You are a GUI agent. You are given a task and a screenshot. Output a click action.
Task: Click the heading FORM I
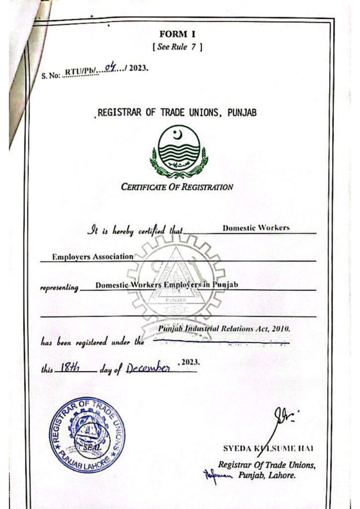coord(180,34)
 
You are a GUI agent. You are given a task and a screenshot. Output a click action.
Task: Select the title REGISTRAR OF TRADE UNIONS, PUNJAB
coord(177,113)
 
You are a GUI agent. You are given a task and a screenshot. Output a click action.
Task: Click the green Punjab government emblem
coord(179,152)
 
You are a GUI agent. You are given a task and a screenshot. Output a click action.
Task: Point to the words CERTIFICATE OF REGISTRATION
coord(177,187)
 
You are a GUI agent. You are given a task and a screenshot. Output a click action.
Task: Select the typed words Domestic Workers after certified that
coord(256,228)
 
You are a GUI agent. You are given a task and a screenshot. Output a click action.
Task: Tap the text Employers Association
coord(93,256)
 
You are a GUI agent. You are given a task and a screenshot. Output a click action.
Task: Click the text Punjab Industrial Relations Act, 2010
coord(224,330)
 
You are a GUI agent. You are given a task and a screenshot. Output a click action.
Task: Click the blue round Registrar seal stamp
coord(87,434)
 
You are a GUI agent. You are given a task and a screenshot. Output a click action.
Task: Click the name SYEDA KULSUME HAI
coord(268,449)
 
